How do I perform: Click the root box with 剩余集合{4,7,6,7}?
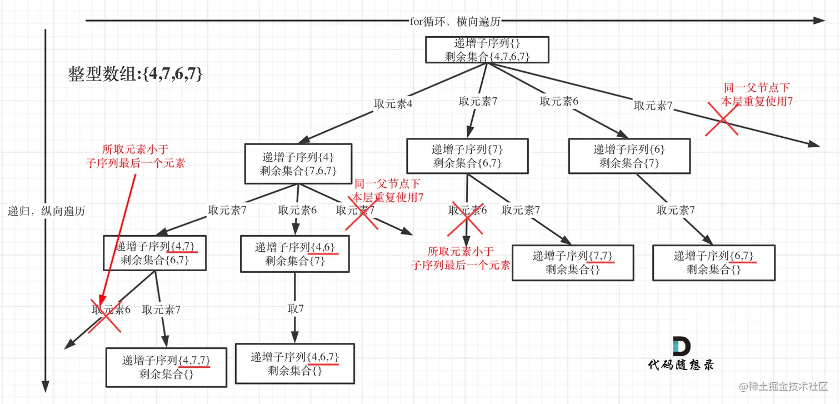487,49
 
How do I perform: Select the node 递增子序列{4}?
298,163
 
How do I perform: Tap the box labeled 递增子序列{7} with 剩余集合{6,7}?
467,156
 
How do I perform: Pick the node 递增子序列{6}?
629,156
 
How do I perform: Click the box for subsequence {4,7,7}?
166,367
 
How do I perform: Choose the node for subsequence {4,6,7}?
294,363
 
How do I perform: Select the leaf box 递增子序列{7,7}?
573,262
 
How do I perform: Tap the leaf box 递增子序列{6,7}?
713,262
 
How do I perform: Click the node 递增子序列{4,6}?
294,254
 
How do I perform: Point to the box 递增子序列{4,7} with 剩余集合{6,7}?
155,253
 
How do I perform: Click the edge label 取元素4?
393,103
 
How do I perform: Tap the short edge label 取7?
296,308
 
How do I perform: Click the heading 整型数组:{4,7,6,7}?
135,74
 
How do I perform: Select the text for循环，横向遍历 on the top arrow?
455,22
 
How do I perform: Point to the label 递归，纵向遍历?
47,211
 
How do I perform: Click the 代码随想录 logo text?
681,365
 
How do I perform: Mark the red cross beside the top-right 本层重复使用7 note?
722,118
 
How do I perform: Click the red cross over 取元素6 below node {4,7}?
106,315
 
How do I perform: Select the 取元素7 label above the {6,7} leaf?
676,210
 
